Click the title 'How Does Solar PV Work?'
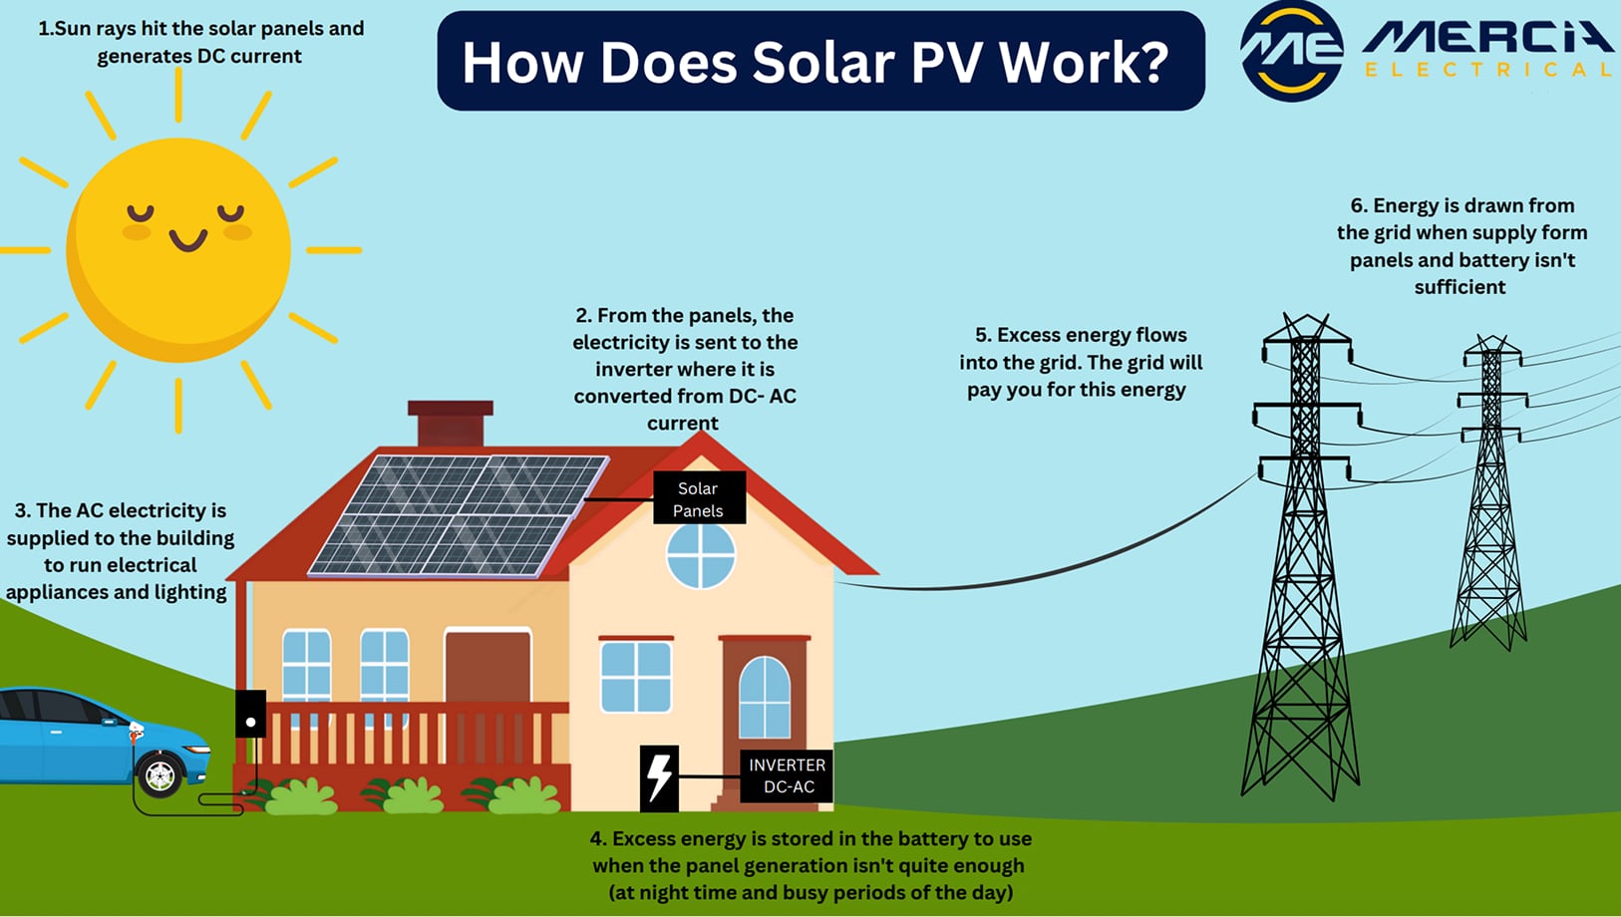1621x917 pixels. [x=815, y=62]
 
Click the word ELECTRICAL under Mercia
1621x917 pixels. [x=1487, y=70]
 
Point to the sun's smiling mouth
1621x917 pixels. [x=187, y=240]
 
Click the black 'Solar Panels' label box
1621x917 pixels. [x=699, y=498]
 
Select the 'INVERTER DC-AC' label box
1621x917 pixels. [x=787, y=775]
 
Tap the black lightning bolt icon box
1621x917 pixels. [x=659, y=777]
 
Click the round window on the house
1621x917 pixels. [x=701, y=555]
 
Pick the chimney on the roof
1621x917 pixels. [x=451, y=423]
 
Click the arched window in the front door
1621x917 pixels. [x=765, y=697]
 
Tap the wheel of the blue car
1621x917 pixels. [x=160, y=773]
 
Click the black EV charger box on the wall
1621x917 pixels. [x=250, y=714]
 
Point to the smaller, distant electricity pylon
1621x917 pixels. [x=1489, y=498]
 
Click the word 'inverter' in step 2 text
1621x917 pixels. [x=636, y=369]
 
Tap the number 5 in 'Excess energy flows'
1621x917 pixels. [x=982, y=335]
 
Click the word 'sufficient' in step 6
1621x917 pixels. [x=1459, y=287]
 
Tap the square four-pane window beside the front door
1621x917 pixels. [x=636, y=676]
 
